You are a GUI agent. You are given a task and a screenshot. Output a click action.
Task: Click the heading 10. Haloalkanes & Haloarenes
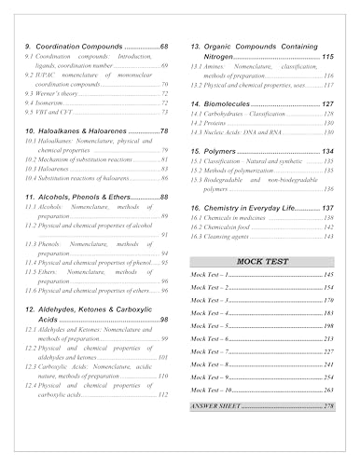tap(89, 131)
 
